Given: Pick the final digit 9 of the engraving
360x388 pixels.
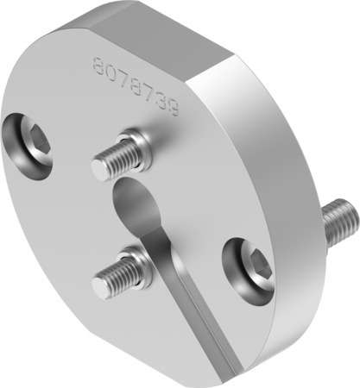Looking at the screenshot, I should coord(173,110).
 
